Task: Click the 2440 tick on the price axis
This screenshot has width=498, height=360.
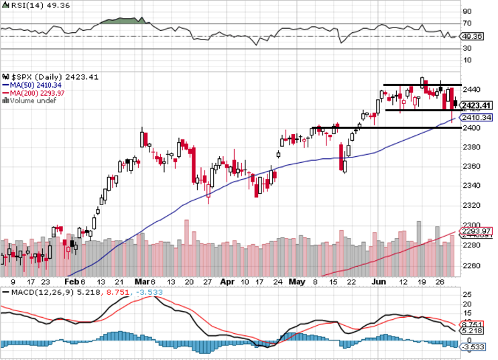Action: (x=471, y=89)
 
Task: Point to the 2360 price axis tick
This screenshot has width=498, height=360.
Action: (x=471, y=166)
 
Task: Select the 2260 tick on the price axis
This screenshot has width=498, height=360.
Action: (x=471, y=265)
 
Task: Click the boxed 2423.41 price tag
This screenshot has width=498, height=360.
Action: (x=477, y=105)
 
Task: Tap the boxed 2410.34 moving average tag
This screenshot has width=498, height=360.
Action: (x=477, y=117)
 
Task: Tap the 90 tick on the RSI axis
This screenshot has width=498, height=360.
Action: (x=466, y=11)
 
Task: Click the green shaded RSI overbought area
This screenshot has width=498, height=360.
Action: (x=121, y=20)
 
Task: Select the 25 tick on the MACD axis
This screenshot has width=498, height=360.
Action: (x=466, y=294)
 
